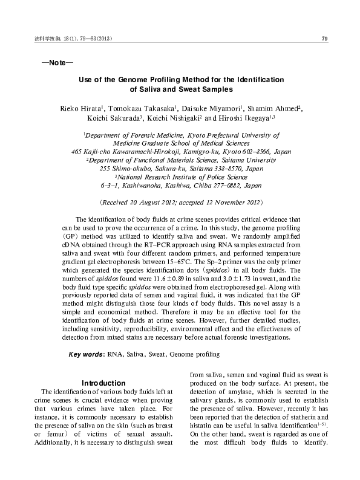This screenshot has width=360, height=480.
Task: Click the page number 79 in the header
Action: [x=324, y=39]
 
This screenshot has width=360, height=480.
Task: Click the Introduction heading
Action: [x=103, y=383]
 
